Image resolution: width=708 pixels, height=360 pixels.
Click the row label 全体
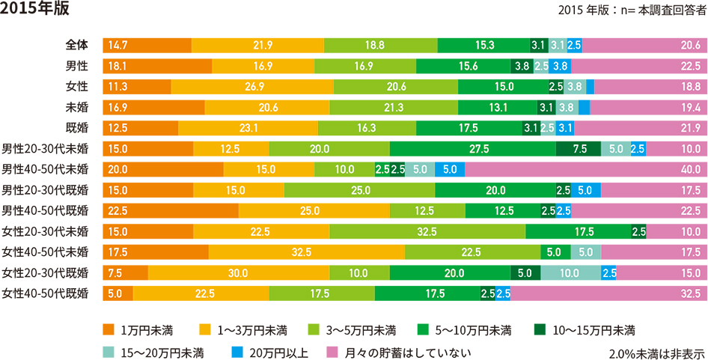77,46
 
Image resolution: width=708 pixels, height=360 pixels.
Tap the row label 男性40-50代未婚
46,168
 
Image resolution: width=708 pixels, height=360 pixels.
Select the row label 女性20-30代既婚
46,272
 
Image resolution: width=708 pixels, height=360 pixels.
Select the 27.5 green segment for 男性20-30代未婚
472,148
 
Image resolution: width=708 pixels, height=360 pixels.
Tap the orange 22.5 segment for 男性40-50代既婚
170,210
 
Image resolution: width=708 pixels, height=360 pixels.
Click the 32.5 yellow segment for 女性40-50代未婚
306,251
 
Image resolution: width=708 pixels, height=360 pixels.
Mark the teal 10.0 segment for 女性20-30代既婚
570,272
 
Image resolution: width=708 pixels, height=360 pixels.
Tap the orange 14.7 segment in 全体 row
147,46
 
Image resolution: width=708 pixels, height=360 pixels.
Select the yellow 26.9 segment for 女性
252,87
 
